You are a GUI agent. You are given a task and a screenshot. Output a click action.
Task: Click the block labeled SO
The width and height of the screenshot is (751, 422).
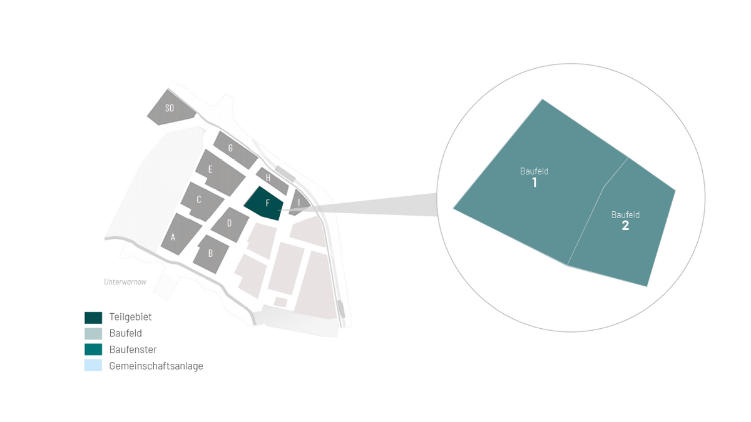coord(170,108)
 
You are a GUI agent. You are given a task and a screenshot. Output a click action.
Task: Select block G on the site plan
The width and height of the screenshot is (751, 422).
coord(235,149)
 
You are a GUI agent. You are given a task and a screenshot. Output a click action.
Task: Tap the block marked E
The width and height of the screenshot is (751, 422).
coord(220,173)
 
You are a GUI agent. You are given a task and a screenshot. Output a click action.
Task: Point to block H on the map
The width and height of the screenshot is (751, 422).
coord(272,181)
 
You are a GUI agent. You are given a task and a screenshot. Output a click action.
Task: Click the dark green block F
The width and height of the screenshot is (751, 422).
coord(265,204)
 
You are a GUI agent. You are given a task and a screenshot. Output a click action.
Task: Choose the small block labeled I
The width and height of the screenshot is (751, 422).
coord(299,203)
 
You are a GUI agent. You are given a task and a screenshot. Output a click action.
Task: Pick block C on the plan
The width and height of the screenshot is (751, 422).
coord(202,201)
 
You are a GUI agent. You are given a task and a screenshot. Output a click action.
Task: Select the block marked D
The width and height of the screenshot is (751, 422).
coord(230,224)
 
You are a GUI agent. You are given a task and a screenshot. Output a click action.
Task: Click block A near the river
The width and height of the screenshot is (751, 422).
coord(180,234)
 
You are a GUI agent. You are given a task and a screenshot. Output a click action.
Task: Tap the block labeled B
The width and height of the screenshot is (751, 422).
coord(211,254)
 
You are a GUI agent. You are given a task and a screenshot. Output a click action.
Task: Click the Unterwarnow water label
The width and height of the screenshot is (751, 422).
coord(125,282)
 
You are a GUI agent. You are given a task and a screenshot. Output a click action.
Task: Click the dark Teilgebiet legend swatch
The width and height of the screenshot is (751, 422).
coord(93,318)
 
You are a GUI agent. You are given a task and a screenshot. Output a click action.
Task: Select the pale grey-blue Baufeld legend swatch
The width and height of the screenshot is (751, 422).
coord(93,334)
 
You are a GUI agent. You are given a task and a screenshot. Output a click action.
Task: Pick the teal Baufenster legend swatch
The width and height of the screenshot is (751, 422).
coord(93,349)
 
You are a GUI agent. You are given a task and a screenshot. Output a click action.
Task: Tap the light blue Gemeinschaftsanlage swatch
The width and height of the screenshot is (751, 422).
coord(93,365)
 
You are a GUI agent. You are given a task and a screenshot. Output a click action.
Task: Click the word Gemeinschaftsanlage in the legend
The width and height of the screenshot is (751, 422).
coord(156,366)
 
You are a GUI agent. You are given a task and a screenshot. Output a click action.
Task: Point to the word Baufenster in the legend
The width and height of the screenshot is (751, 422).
coord(133,349)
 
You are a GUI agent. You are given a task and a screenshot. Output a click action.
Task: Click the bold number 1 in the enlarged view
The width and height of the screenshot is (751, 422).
coord(534,183)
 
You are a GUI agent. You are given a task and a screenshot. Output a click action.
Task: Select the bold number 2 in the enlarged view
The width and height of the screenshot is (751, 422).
coord(625,226)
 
